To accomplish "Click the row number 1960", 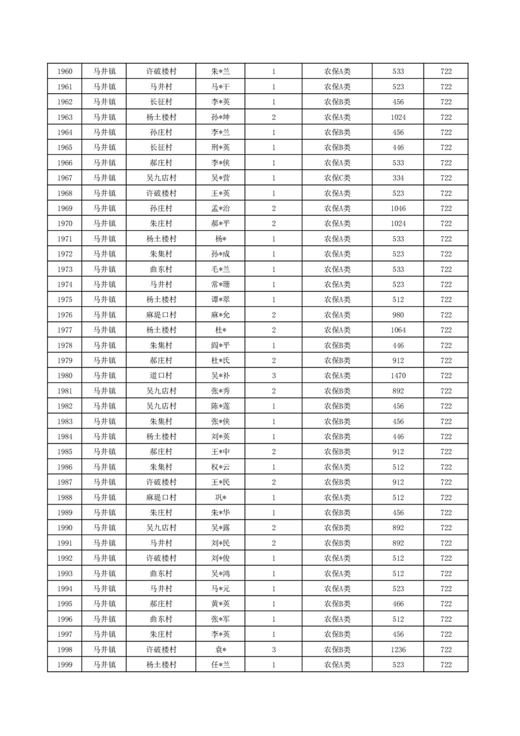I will point(65,72).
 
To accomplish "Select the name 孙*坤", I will point(220,117).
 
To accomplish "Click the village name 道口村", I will point(161,376).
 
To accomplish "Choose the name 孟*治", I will point(220,209).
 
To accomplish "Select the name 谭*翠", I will point(220,300).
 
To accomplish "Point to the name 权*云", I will point(220,467).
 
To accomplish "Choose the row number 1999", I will point(65,664).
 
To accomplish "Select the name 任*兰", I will point(220,664).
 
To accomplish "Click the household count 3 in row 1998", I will point(273,649).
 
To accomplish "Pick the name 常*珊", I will point(220,285).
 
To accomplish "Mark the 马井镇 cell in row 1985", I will point(104,452).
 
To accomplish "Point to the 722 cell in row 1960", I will point(446,72).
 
